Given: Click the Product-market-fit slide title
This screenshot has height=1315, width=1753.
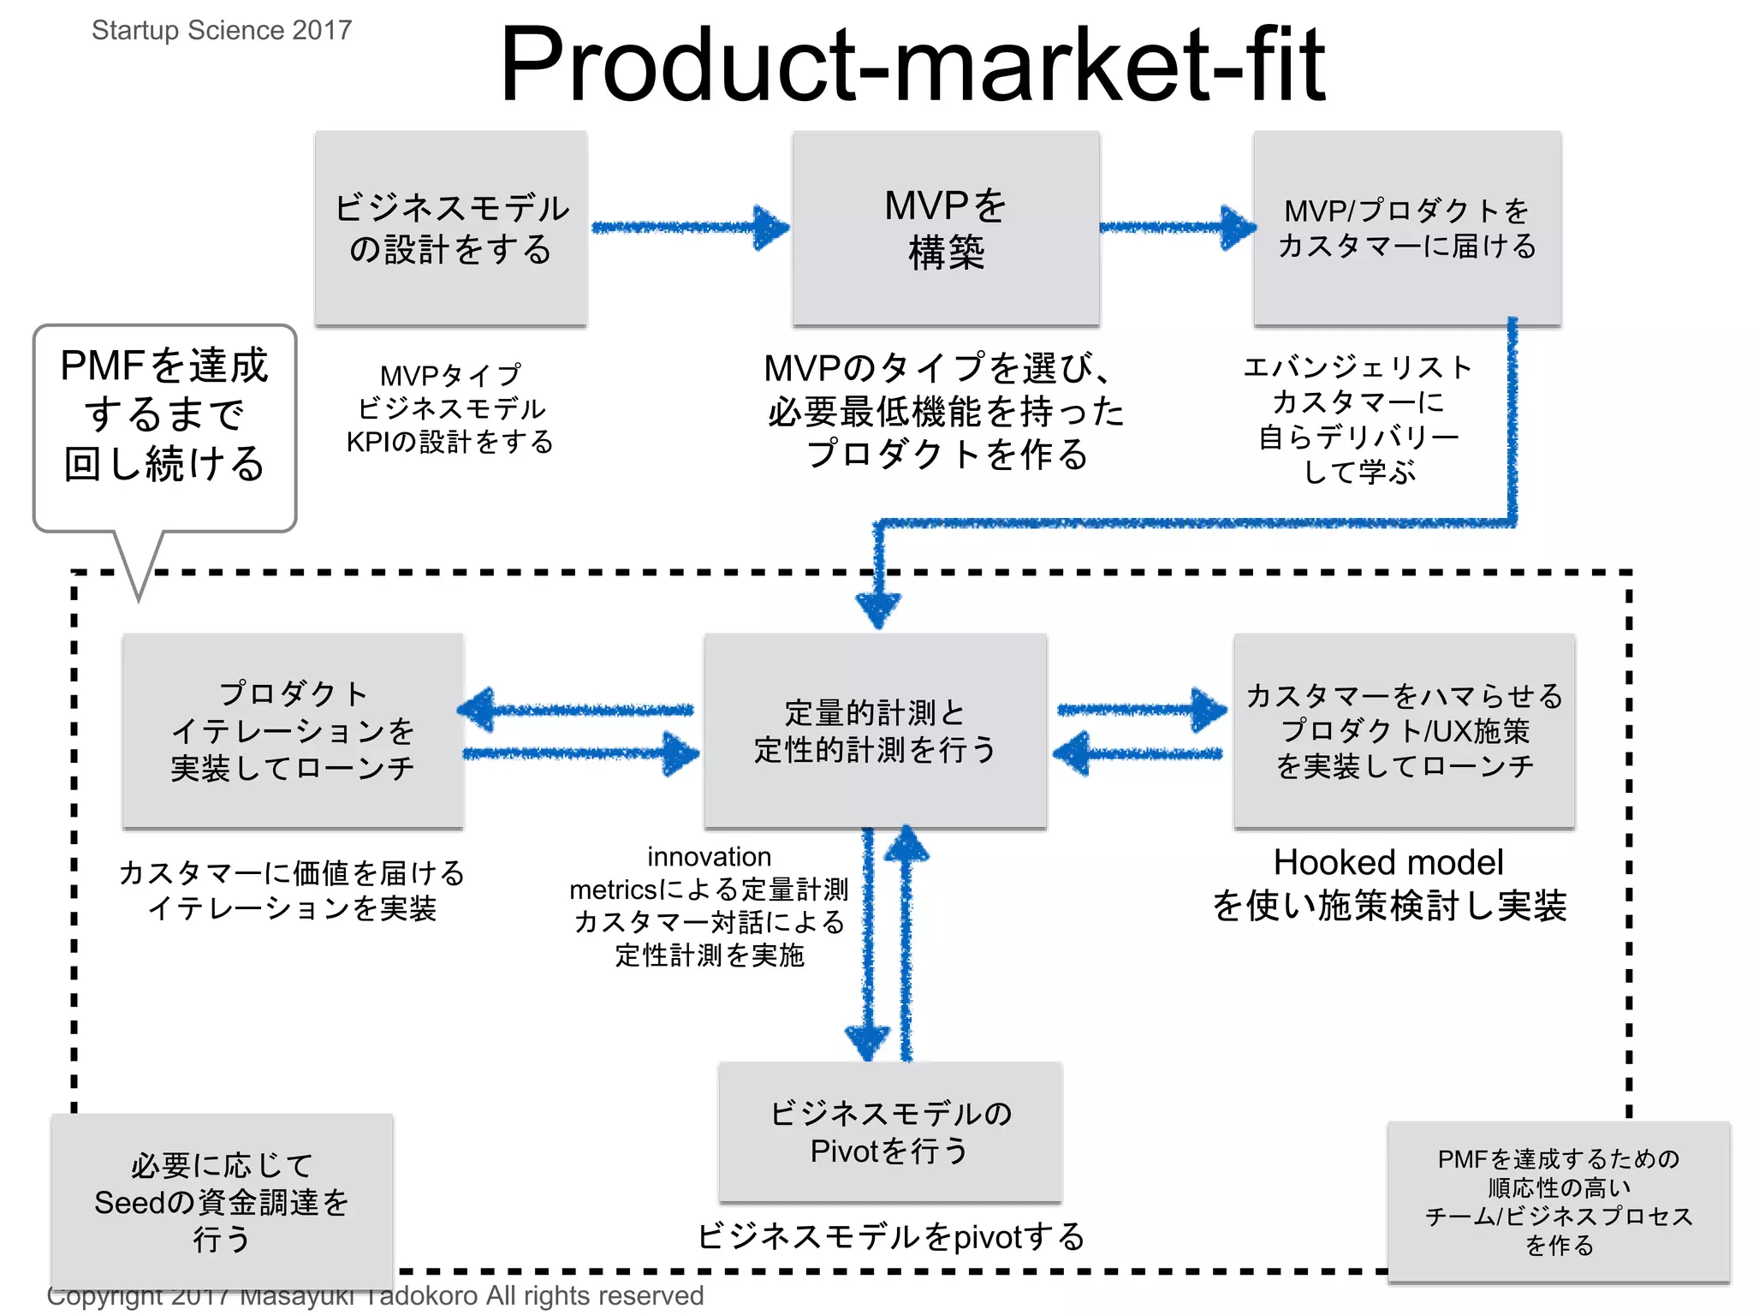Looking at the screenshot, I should (912, 64).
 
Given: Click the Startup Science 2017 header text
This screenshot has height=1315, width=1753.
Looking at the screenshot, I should (222, 30).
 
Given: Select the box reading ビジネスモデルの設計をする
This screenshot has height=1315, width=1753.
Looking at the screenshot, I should (451, 229).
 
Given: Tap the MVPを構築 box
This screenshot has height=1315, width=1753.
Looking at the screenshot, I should (946, 229).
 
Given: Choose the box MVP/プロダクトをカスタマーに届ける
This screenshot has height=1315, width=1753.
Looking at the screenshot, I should (1407, 229).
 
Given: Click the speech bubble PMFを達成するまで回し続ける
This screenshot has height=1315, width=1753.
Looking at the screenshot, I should (165, 415).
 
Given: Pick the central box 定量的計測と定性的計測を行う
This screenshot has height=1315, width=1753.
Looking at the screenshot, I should (875, 731).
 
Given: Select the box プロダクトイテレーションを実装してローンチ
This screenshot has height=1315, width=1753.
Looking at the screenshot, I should (293, 731).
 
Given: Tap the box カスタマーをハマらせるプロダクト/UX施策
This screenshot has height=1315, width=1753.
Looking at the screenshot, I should (1404, 731).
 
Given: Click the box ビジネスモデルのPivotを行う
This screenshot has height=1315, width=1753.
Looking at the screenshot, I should (890, 1132).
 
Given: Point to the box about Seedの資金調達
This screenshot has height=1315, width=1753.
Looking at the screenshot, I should (222, 1201).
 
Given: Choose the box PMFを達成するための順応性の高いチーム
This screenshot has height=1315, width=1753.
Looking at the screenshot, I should (1559, 1201).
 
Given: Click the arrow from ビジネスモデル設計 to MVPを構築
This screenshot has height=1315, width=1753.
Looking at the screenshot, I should (689, 228).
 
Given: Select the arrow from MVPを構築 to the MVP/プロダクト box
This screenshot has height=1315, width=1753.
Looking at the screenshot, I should (1177, 228).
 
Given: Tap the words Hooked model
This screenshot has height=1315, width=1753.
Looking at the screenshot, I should (1388, 862).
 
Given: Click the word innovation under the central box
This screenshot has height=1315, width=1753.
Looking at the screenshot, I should (709, 856).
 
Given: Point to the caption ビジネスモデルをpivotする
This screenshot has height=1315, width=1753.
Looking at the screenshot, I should (890, 1236).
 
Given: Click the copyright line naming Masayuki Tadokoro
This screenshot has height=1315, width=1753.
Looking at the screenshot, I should (375, 1296).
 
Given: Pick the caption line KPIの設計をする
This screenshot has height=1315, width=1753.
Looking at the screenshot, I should (449, 442).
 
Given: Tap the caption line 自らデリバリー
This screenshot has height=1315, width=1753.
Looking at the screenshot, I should (1358, 437).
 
